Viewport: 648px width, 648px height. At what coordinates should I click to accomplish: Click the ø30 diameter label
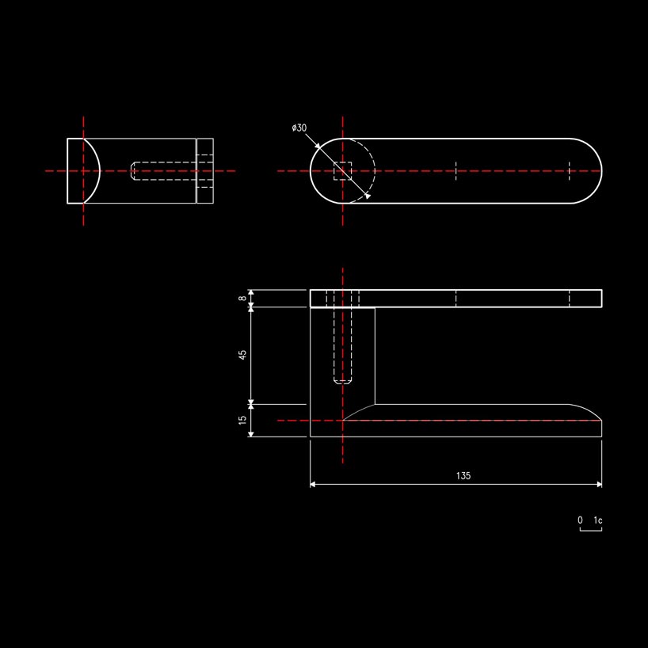299,128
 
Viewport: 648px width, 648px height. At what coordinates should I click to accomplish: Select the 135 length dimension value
463,475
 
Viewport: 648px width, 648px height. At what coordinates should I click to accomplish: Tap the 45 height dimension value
242,355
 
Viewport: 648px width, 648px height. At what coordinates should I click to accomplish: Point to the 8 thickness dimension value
242,298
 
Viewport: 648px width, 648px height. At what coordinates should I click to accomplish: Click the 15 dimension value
242,420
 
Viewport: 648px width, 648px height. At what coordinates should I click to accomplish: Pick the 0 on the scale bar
580,520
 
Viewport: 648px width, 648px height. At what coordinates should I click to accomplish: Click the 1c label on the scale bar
597,520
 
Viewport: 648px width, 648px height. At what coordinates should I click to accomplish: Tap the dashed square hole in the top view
342,171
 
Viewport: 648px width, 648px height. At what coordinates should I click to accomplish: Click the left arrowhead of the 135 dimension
313,484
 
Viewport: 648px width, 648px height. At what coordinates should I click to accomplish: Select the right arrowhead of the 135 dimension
599,484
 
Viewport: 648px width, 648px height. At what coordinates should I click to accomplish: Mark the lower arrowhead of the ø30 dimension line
368,196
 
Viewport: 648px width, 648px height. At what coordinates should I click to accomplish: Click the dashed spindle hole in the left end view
164,170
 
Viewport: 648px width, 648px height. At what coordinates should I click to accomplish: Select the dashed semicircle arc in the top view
374,171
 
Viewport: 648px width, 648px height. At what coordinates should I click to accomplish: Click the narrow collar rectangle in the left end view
204,171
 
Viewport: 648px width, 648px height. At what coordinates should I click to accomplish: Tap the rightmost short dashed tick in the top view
569,171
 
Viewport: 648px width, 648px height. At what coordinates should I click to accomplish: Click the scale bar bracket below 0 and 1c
591,529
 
